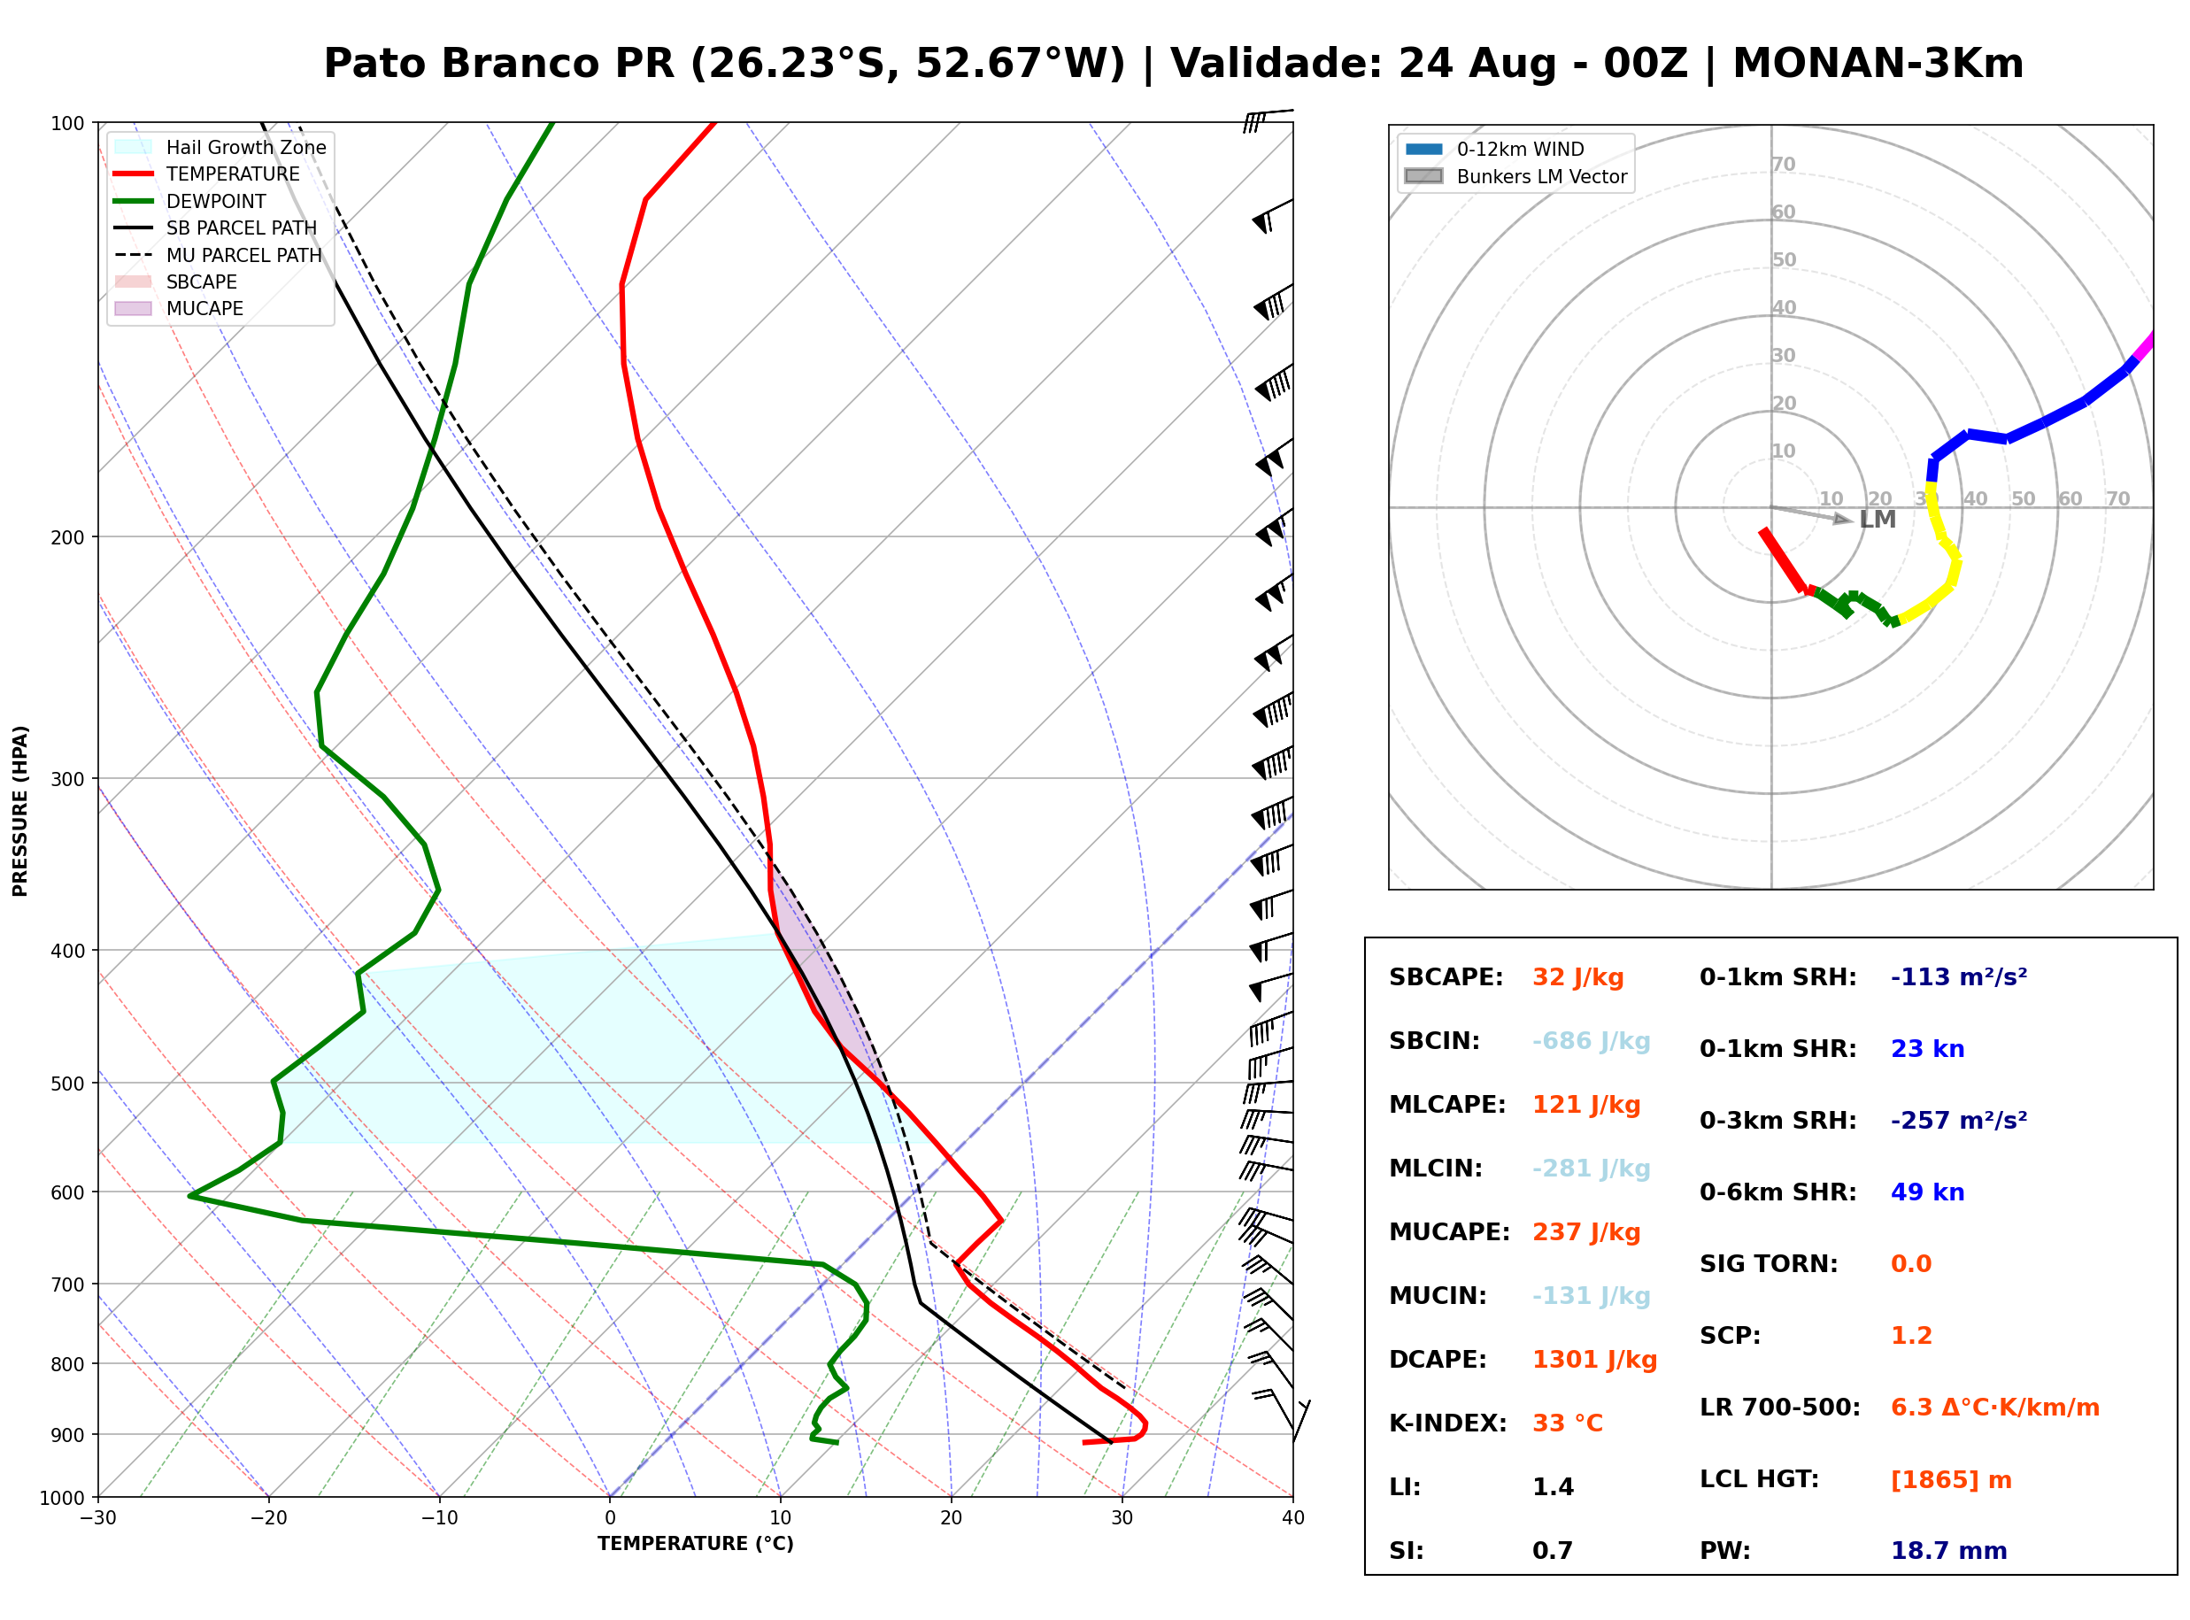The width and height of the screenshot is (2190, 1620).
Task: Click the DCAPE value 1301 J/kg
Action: (1594, 1359)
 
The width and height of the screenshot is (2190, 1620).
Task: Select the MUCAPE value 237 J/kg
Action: (1586, 1231)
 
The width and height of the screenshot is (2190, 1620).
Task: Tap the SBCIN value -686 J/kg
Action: (1591, 1040)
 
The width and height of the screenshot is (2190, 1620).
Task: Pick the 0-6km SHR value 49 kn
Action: (1927, 1192)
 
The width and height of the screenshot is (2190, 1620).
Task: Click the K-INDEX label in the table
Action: (1448, 1423)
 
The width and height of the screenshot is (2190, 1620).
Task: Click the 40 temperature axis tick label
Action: (1293, 1518)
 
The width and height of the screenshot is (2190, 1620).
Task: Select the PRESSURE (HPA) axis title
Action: (20, 811)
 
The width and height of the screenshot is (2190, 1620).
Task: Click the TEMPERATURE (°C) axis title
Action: (696, 1544)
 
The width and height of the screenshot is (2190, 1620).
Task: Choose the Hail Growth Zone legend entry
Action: (220, 147)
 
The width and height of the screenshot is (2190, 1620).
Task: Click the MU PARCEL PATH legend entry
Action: (218, 255)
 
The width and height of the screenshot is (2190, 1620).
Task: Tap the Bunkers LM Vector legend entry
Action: (1515, 176)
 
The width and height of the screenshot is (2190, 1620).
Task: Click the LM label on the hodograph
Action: (1878, 520)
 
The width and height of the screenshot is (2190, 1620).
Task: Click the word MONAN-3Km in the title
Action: (1878, 64)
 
